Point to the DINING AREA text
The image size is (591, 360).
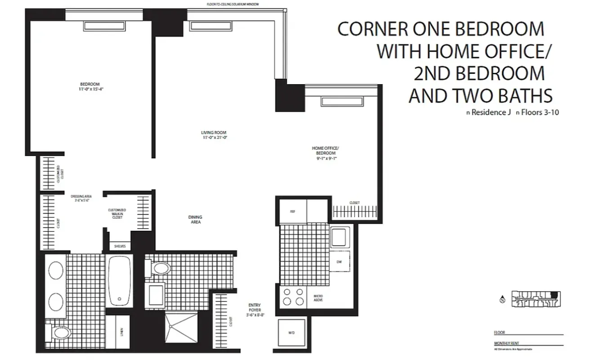[x=195, y=220]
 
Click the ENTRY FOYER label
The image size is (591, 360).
[x=255, y=310]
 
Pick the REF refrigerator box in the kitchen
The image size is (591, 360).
[x=293, y=210]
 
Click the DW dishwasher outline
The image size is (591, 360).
[x=340, y=261]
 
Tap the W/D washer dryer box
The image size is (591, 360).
[x=291, y=333]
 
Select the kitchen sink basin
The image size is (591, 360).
[x=341, y=237]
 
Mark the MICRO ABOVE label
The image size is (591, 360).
[x=318, y=298]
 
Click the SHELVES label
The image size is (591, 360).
[x=120, y=246]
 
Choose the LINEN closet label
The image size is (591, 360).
[x=122, y=332]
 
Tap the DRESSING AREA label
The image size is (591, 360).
[x=81, y=198]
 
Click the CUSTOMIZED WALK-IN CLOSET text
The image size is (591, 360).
[x=117, y=214]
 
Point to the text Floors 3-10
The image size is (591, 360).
[x=540, y=112]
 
